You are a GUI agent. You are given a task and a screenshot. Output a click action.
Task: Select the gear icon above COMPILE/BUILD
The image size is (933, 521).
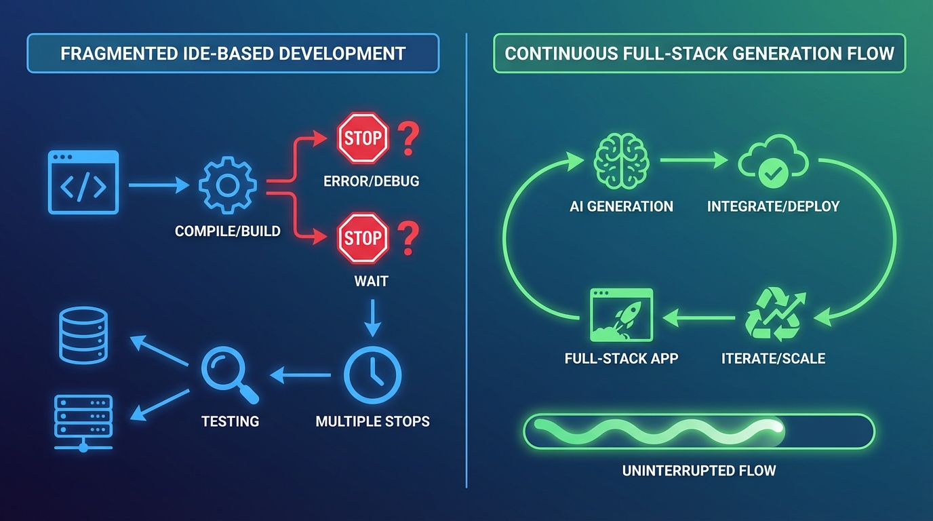click(227, 184)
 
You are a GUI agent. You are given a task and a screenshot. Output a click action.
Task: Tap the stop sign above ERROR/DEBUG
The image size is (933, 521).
click(363, 138)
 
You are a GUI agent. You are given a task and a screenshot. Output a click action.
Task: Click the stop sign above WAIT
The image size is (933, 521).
click(363, 238)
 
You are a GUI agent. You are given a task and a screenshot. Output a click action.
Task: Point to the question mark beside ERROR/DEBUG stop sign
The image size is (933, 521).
click(408, 139)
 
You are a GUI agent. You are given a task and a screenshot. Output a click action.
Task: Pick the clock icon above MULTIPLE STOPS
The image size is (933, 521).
click(372, 374)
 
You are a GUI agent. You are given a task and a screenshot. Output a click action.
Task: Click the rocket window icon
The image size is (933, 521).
click(621, 315)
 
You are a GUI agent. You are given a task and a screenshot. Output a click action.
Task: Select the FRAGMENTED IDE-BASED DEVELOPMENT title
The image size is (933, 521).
click(233, 54)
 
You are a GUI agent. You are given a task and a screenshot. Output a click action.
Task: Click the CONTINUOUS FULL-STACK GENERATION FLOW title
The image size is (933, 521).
click(700, 54)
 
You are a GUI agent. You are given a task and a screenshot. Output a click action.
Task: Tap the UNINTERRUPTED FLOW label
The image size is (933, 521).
click(699, 470)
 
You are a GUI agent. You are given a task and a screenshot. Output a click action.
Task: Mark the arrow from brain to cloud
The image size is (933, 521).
click(693, 161)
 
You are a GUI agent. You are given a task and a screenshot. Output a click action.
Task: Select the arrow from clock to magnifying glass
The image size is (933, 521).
click(300, 374)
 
